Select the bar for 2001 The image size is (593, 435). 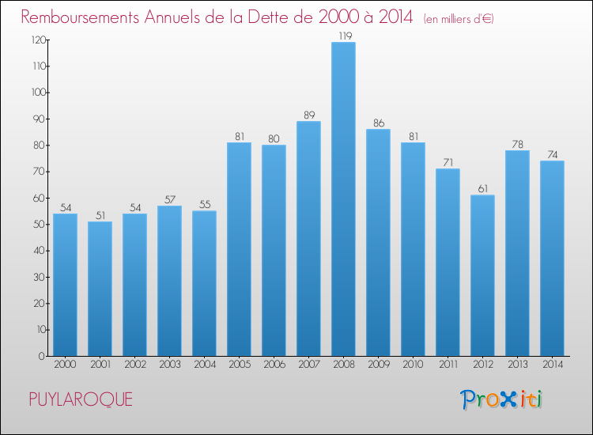coord(100,289)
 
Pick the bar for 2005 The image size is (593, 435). coord(239,249)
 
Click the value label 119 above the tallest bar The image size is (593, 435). coord(343,36)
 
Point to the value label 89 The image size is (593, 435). coord(308,115)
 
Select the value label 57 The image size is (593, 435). coord(169,199)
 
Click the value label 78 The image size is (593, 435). coord(517,144)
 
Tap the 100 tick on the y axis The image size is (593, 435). coord(36,93)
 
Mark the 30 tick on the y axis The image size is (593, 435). coord(38,277)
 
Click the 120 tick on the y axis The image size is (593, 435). coord(36,40)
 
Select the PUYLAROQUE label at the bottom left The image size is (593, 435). coord(81,399)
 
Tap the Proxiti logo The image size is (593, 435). coord(502,399)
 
